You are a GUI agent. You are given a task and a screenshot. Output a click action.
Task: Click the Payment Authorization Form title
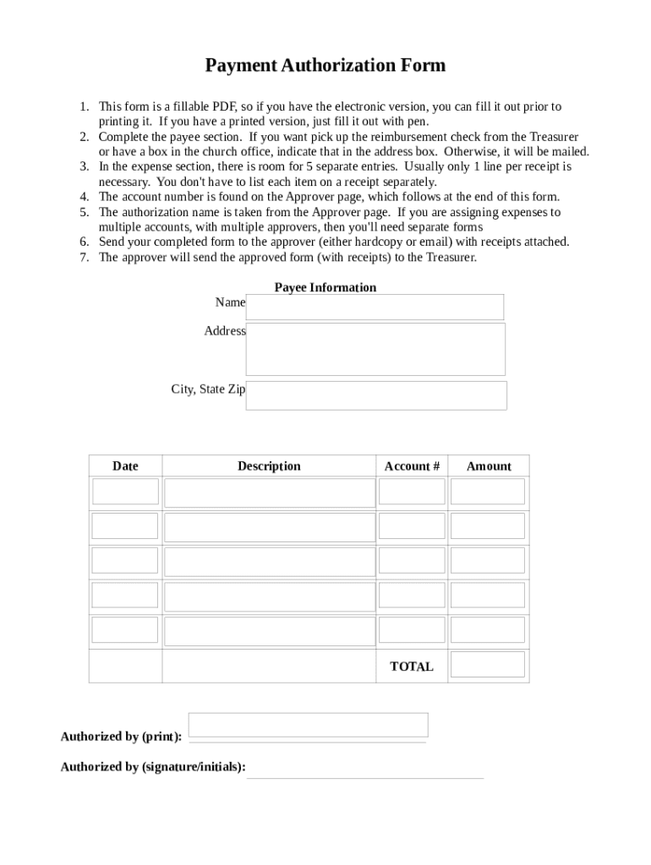coord(325,66)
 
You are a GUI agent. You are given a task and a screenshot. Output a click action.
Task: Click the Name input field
coord(375,307)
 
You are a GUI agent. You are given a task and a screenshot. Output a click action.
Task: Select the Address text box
coord(375,349)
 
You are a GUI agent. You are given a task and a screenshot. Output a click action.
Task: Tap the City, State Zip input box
coord(376,395)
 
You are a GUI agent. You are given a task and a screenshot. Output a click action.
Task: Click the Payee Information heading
coord(325,287)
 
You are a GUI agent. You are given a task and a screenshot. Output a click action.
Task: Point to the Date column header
coord(125,466)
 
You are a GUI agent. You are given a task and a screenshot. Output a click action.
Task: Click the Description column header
coord(269,466)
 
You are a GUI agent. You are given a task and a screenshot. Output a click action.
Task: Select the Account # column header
coord(412,466)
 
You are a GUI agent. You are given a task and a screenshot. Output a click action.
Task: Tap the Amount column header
coord(489,466)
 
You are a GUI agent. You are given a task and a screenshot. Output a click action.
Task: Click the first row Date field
coord(125,492)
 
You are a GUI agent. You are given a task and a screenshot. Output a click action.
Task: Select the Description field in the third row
coord(270,562)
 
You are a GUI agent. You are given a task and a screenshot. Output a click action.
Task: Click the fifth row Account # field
coord(412,629)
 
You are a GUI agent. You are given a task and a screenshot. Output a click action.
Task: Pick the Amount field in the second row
coord(488,526)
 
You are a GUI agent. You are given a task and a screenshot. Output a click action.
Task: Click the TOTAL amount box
coord(488,664)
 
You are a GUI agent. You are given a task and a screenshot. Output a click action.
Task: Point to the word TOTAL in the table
coord(412,666)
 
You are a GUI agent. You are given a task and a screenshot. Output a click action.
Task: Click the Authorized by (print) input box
coord(308,725)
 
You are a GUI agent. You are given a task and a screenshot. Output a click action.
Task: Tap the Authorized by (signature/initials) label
coord(153,767)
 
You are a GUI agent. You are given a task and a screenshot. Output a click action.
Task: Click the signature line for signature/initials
coord(365,777)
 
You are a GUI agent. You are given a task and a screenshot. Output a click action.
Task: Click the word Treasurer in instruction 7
coord(451,258)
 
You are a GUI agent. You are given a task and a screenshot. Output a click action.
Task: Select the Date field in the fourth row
coord(125,595)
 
